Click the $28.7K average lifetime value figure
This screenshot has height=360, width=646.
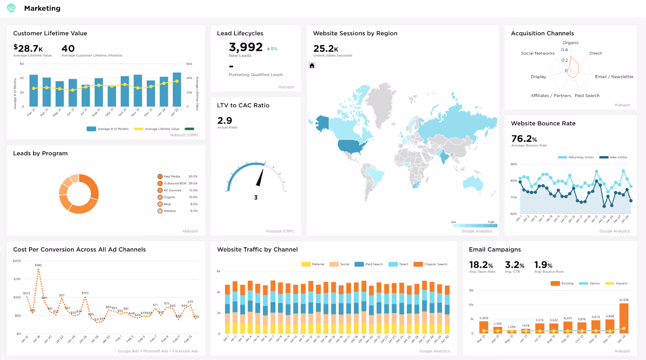click(28, 48)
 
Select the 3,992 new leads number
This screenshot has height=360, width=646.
click(245, 47)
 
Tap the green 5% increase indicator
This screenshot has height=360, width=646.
click(272, 48)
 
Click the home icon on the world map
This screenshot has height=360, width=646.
click(312, 65)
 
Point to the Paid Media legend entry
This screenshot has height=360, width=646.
click(172, 177)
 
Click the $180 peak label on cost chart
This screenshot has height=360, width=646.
click(38, 265)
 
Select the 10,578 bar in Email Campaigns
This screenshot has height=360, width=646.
click(624, 318)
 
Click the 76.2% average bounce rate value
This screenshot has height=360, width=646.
click(524, 139)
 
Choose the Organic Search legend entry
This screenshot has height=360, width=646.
click(435, 264)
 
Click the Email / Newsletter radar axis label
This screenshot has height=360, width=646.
click(614, 77)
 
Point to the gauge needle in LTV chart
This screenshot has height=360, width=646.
click(260, 178)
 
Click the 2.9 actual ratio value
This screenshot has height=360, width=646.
click(225, 120)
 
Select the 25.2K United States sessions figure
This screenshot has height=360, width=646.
click(325, 49)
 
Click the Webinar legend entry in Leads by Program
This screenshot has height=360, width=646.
click(170, 211)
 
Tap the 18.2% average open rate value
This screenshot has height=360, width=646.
click(481, 265)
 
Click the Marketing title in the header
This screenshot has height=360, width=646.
click(42, 8)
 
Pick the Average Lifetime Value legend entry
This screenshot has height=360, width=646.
click(162, 129)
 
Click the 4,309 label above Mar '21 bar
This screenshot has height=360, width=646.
click(484, 318)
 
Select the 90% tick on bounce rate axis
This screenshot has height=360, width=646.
click(514, 164)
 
